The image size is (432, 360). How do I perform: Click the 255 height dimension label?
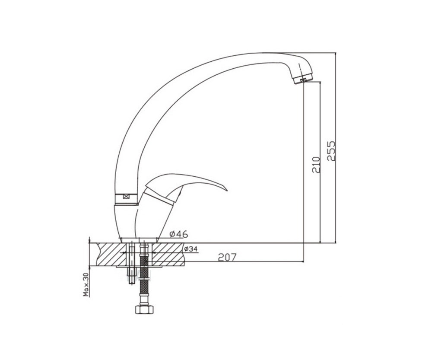coord(331,151)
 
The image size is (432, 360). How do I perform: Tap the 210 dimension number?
coord(316,165)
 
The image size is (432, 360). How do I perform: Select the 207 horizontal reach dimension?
coord(227,257)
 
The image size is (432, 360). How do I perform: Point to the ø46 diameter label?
coord(179,234)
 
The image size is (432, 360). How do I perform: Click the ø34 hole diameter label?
coord(191,249)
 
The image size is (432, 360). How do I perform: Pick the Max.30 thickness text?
coord(86,284)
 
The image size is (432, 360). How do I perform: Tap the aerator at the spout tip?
coord(303,79)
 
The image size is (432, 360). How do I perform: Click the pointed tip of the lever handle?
coord(227,190)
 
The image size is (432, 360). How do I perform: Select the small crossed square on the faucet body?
coord(127,197)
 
